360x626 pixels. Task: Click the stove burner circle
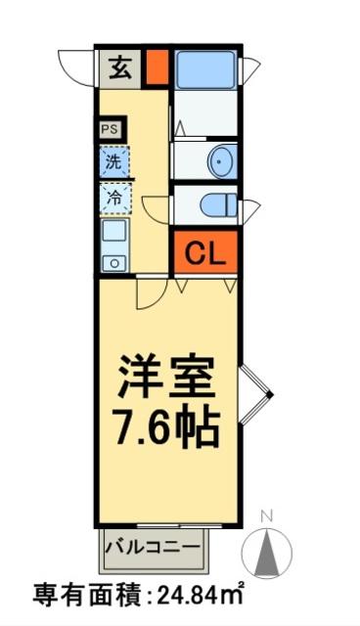click(113, 261)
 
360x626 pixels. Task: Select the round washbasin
click(222, 161)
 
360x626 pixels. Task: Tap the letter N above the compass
click(267, 515)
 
